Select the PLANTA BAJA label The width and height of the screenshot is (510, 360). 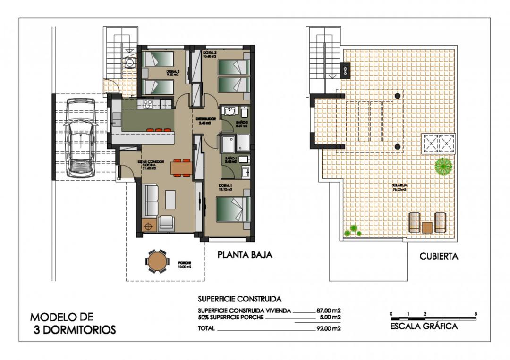click(245, 255)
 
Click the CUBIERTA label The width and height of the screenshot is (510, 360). click(439, 257)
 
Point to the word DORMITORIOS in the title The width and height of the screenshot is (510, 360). click(75, 330)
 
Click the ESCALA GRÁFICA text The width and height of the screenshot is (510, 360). click(424, 326)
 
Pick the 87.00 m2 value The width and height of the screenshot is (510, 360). click(329, 310)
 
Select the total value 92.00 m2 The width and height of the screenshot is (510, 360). click(329, 328)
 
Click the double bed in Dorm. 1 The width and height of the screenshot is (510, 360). click(232, 209)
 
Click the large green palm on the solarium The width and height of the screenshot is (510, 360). click(443, 166)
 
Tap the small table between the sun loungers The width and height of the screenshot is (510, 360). click(427, 227)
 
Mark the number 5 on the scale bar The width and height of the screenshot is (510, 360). click(476, 314)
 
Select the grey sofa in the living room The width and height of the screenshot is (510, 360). click(151, 200)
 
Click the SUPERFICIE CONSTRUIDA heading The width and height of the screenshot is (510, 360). click(239, 299)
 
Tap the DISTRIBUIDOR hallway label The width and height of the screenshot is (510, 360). click(206, 119)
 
